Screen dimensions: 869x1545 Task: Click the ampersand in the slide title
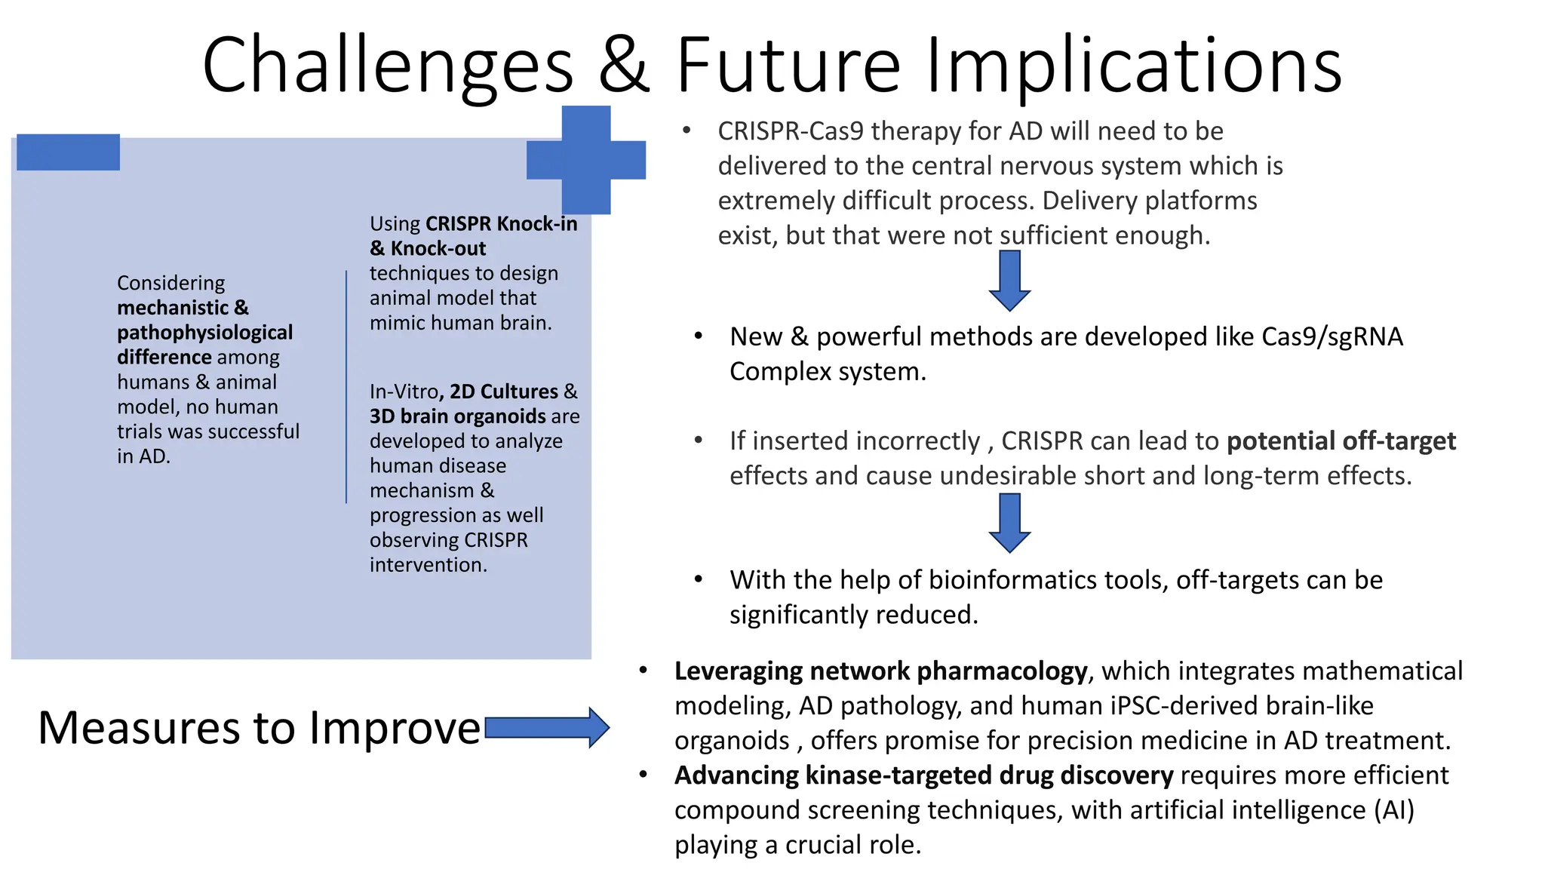[x=624, y=66]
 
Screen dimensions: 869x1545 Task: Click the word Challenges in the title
[x=388, y=66]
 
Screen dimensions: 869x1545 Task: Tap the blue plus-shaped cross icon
[x=586, y=160]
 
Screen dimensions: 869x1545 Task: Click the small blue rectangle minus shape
[x=68, y=152]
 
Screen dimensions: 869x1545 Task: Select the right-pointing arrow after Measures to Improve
[x=547, y=728]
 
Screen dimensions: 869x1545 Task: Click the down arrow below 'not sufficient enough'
[x=1009, y=281]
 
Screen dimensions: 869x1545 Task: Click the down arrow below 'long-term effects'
[x=1009, y=523]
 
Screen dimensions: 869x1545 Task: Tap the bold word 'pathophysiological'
[x=204, y=333]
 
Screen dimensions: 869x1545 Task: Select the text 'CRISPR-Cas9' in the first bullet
[x=790, y=131]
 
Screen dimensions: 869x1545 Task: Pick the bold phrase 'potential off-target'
[x=1341, y=441]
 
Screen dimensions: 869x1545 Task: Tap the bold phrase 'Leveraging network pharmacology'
[x=880, y=671]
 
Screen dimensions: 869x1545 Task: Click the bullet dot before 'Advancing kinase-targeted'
[x=643, y=775]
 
